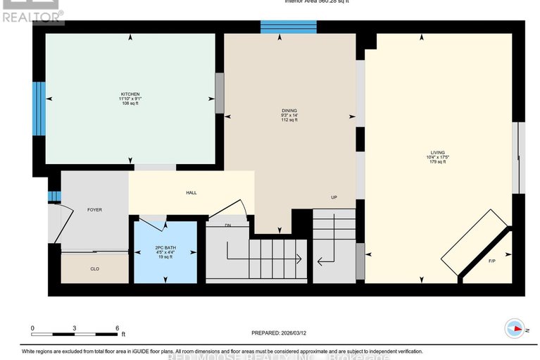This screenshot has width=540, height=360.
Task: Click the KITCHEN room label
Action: coord(130,94)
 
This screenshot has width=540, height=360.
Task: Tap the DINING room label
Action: coord(289,111)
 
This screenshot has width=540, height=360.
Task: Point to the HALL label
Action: coord(191,192)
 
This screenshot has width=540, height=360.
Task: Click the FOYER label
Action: coord(94,209)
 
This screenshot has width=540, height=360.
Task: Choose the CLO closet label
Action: coord(94,268)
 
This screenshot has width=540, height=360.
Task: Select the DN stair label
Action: coord(227,225)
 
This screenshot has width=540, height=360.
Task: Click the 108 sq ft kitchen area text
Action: coord(130,104)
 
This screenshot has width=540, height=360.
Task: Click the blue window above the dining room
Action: coord(288,27)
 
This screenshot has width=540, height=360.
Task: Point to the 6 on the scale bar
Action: coord(117,329)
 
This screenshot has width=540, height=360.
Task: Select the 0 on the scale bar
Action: coord(32,329)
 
